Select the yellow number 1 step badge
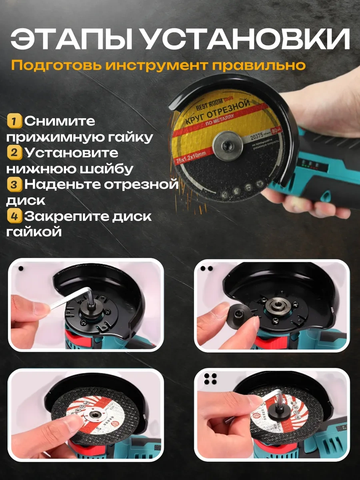click(14, 120)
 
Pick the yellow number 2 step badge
click(14, 152)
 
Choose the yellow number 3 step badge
click(14, 184)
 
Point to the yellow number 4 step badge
click(14, 216)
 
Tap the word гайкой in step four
click(34, 232)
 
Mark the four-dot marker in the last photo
click(210, 379)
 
